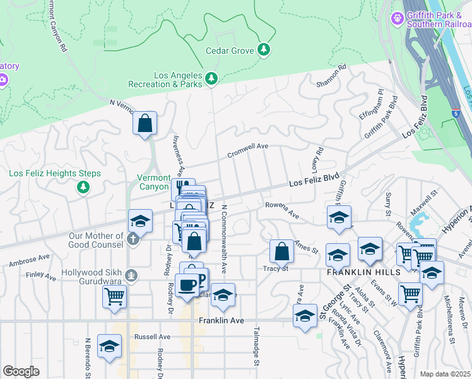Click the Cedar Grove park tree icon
click(264, 50)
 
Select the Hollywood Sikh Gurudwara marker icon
click(131, 275)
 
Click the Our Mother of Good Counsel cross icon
click(132, 239)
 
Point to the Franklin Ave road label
click(221, 320)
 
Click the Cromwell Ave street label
click(248, 148)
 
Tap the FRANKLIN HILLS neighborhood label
click(362, 272)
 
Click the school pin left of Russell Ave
click(110, 346)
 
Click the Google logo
click(21, 371)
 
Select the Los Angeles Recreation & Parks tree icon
click(211, 78)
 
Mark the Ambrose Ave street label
click(29, 260)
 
